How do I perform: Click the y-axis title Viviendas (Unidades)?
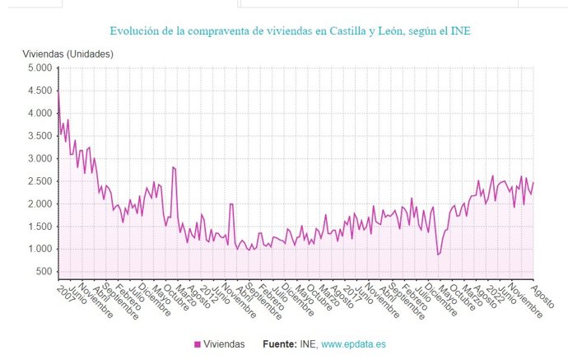(68, 54)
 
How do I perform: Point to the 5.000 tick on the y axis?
(40, 68)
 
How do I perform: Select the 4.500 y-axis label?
(40, 91)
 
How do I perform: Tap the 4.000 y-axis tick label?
(40, 114)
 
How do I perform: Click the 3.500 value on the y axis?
(40, 136)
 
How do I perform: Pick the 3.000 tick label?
(40, 159)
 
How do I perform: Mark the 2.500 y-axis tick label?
(40, 181)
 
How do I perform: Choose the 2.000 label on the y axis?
(40, 204)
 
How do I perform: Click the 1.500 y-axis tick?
(40, 227)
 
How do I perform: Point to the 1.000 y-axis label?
(40, 250)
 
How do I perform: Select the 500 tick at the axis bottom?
(44, 272)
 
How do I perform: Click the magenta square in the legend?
(198, 345)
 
